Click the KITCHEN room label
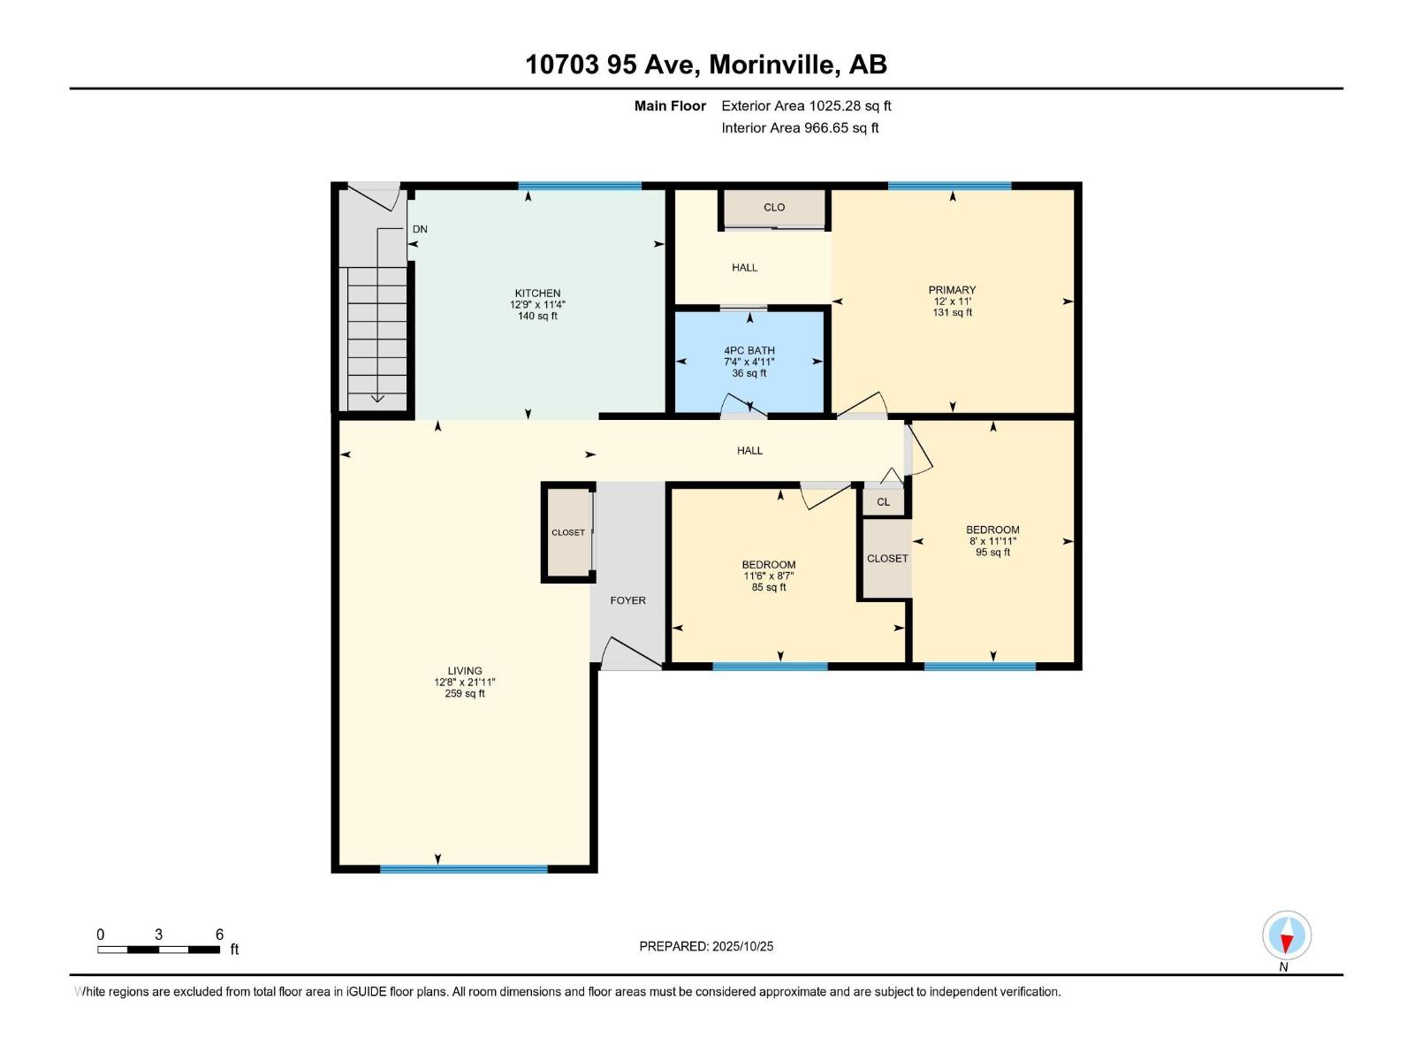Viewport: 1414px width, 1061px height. [537, 294]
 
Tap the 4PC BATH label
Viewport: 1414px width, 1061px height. [749, 350]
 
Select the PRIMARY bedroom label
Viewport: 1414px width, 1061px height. [952, 290]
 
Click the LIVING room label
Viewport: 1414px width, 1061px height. [464, 671]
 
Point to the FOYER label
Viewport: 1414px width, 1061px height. [627, 600]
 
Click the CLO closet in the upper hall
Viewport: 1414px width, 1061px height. [774, 208]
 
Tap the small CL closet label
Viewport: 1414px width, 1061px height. [883, 502]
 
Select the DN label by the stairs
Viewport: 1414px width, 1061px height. [420, 229]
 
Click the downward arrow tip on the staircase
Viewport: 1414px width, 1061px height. [377, 400]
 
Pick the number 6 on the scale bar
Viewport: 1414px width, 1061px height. [219, 935]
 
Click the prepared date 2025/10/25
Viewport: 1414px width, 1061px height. [741, 946]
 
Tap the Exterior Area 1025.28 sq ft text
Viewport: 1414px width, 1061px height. [806, 106]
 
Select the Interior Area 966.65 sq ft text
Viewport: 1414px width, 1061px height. [800, 128]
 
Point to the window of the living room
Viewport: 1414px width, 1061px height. [463, 869]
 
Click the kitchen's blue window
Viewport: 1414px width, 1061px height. [580, 186]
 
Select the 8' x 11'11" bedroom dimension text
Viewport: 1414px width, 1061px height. [992, 541]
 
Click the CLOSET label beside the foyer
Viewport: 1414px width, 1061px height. [568, 532]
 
